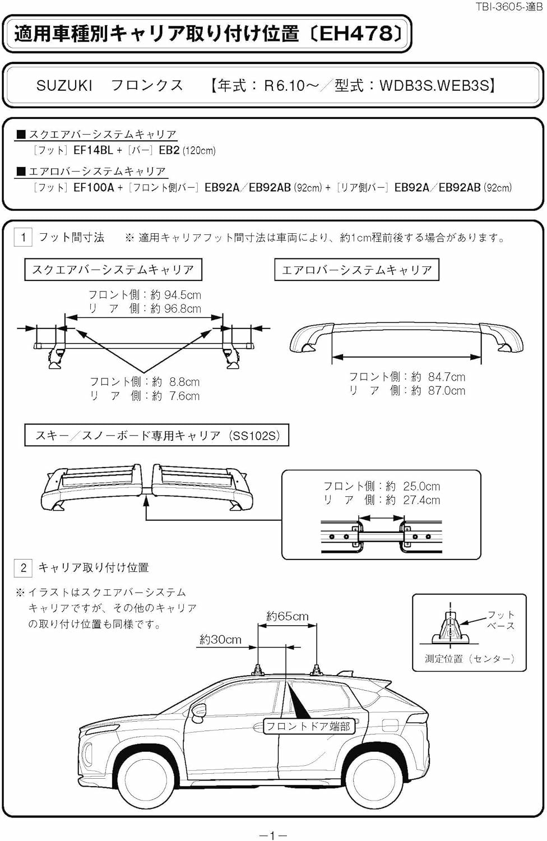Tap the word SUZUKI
pyautogui.click(x=64, y=86)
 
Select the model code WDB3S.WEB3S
pyautogui.click(x=434, y=86)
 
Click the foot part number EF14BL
pyautogui.click(x=92, y=150)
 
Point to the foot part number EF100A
pyautogui.click(x=94, y=187)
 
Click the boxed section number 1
pyautogui.click(x=23, y=237)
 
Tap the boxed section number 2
pyautogui.click(x=23, y=567)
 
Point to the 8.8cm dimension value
pyautogui.click(x=184, y=382)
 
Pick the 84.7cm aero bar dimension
pyautogui.click(x=446, y=377)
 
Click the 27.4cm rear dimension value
pyautogui.click(x=421, y=500)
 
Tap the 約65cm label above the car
pyautogui.click(x=287, y=616)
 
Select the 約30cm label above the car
pyautogui.click(x=220, y=639)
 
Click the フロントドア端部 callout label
pyautogui.click(x=308, y=727)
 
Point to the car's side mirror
pyautogui.click(x=197, y=712)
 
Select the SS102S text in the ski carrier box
pyautogui.click(x=256, y=436)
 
